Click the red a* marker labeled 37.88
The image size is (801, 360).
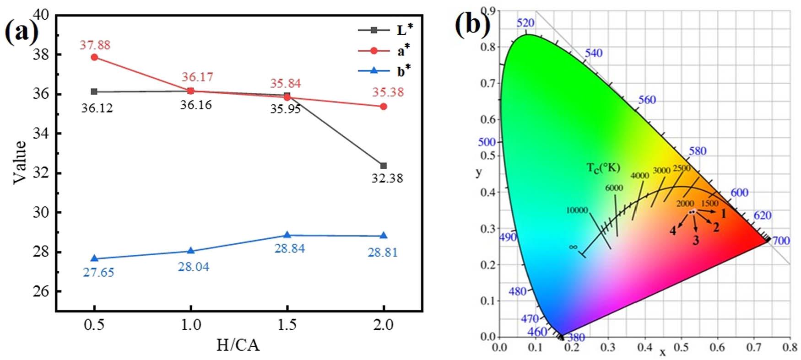click(94, 57)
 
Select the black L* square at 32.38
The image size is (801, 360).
click(384, 166)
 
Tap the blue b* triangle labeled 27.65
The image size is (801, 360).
click(94, 258)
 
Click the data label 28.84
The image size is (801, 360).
click(289, 248)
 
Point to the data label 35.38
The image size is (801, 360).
click(388, 92)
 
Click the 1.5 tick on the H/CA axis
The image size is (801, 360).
click(287, 325)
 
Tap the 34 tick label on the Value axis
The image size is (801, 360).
click(40, 134)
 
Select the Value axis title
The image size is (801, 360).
click(20, 162)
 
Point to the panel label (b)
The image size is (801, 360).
click(472, 24)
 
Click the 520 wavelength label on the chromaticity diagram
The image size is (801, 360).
click(525, 23)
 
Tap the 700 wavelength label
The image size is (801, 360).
click(781, 241)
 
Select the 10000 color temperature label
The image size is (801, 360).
click(577, 210)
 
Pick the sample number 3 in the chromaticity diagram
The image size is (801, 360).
click(696, 240)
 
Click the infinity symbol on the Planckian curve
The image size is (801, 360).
click(573, 247)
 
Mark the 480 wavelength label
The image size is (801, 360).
click(518, 291)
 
